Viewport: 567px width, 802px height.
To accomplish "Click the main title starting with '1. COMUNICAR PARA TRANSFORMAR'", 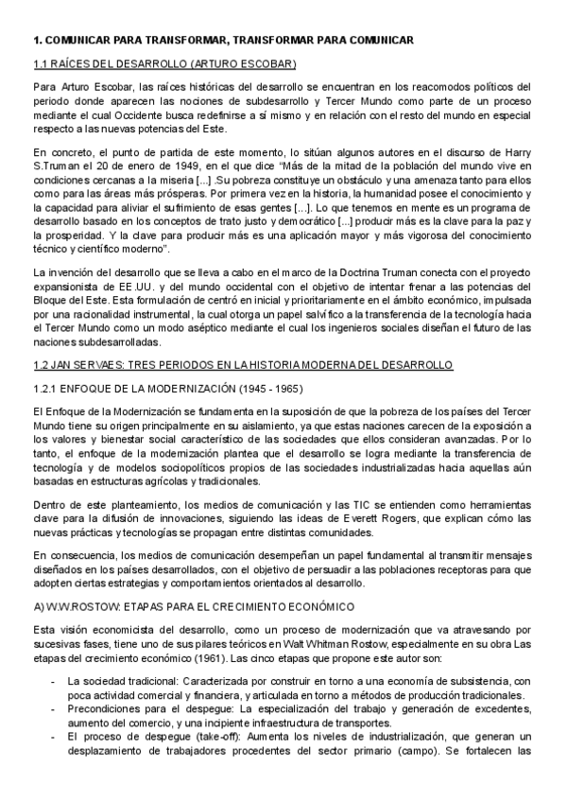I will tap(222, 41).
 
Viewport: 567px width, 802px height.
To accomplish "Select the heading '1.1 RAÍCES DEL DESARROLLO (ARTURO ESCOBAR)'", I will tap(165, 64).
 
